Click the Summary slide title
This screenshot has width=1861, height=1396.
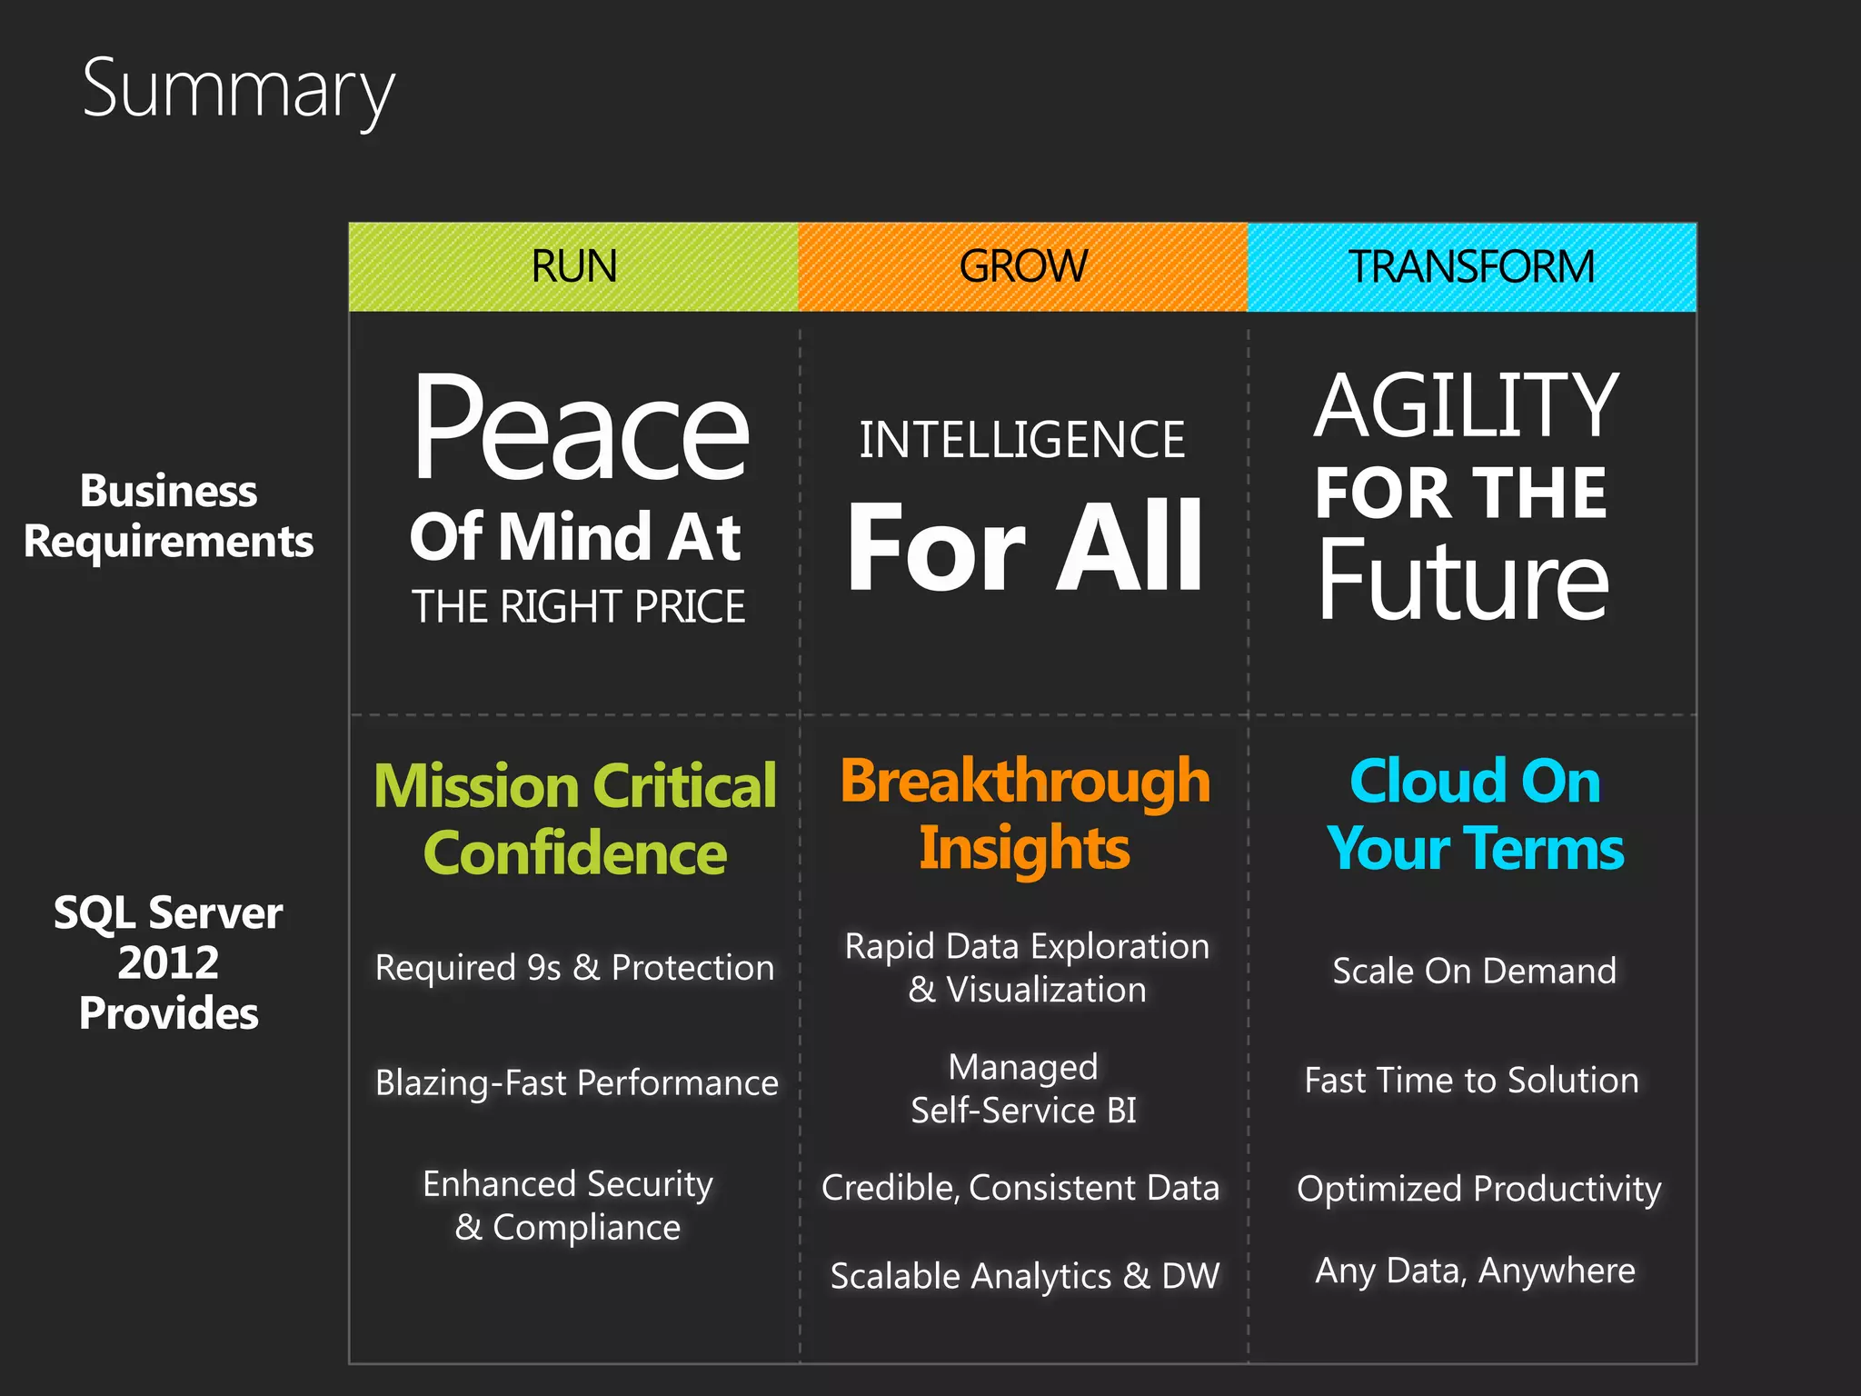tap(238, 89)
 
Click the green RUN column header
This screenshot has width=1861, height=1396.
tap(573, 266)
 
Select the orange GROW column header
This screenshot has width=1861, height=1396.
tap(1022, 266)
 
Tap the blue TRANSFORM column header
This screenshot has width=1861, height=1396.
tap(1471, 266)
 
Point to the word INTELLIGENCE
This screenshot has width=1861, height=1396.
tap(1022, 441)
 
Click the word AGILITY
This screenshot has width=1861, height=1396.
tap(1466, 406)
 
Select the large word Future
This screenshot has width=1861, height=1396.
tap(1463, 580)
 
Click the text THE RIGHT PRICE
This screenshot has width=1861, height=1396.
tap(578, 607)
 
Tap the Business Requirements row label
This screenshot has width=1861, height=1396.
tap(168, 516)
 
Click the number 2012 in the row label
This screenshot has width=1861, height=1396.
tap(168, 962)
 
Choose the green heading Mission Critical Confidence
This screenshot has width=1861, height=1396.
tap(575, 819)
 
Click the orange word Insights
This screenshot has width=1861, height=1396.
tap(1024, 849)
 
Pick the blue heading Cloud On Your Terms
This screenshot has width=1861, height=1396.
tap(1474, 814)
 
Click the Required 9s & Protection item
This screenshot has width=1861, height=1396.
tap(574, 968)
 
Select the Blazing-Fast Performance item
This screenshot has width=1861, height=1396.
tap(576, 1083)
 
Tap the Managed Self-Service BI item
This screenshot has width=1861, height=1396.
tap(1023, 1089)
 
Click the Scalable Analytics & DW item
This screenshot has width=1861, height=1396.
tap(1024, 1276)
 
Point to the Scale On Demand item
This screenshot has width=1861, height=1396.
tap(1474, 971)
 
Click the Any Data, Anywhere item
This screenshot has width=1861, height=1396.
tap(1474, 1271)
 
